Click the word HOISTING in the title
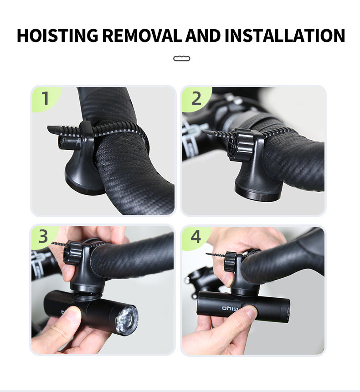[x=57, y=36]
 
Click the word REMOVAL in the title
[x=142, y=36]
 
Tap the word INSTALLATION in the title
[x=285, y=36]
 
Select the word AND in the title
[x=203, y=36]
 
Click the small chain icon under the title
[x=182, y=58]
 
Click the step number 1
[x=45, y=98]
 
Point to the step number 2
[x=196, y=98]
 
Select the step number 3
[x=43, y=236]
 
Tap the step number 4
[x=195, y=236]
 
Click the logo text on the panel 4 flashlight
[x=230, y=308]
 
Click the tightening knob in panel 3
[x=73, y=253]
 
